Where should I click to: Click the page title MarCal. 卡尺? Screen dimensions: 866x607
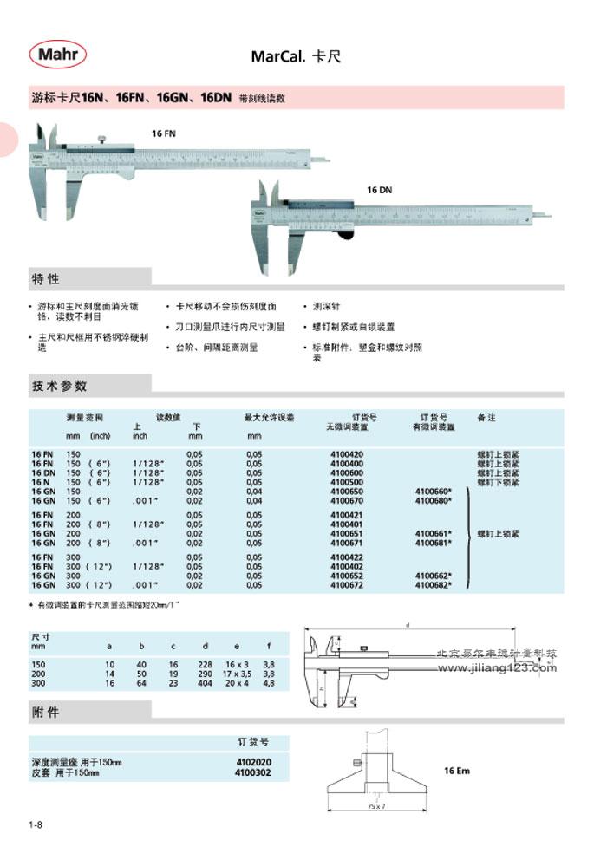[x=297, y=57]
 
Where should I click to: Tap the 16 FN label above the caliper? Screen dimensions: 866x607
[x=163, y=135]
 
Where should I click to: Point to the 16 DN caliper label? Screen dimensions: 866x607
[x=379, y=189]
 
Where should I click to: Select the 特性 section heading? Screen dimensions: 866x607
[x=46, y=279]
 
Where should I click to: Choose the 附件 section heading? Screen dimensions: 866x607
[x=46, y=713]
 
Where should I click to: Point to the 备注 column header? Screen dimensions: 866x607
[x=486, y=418]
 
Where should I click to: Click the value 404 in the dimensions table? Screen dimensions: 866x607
[x=205, y=684]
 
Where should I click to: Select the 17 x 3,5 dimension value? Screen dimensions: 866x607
[x=237, y=674]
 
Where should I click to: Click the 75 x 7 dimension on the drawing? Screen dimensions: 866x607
[x=376, y=806]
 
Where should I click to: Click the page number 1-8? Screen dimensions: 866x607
[x=36, y=824]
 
